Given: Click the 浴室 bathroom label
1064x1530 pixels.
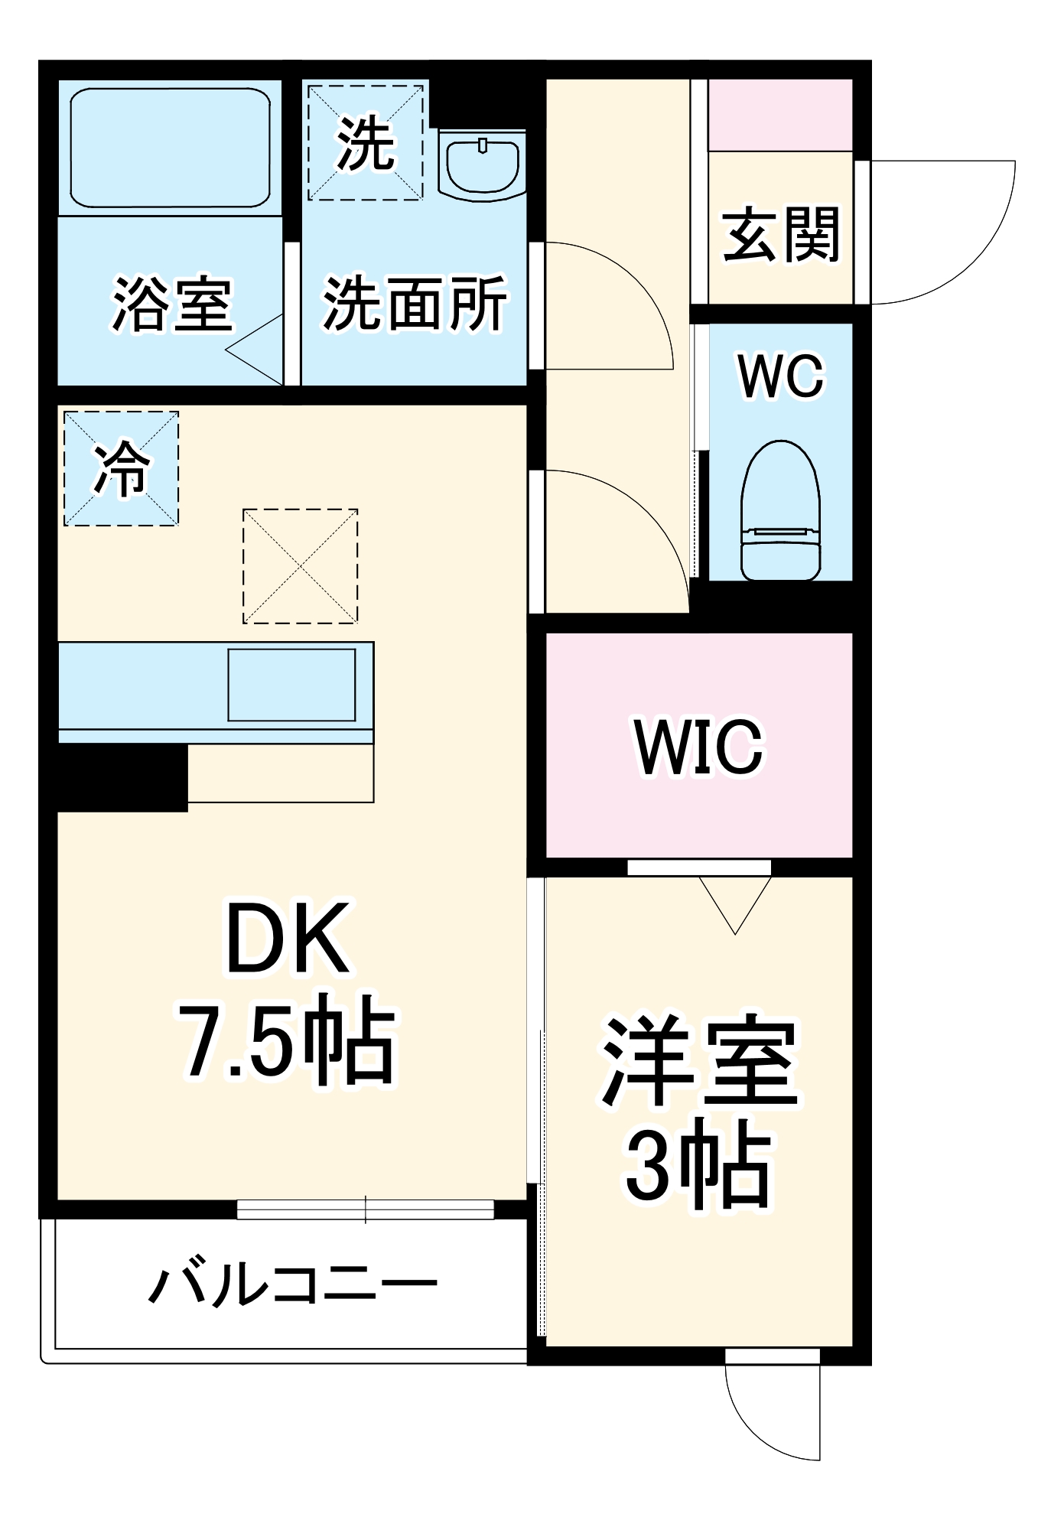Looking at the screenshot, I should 172,304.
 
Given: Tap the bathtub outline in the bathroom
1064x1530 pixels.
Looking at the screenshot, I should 170,147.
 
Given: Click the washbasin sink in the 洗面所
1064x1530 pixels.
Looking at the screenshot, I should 482,164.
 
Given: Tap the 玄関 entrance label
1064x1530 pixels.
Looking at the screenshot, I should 781,234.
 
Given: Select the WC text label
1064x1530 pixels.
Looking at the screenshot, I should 781,376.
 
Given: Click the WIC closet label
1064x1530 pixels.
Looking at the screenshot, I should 698,747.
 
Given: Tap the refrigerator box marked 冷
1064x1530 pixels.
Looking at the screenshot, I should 121,468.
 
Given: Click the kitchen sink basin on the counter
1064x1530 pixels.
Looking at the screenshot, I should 291,685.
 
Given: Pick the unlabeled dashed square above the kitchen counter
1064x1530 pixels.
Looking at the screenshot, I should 300,566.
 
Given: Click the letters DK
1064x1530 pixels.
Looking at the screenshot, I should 287,939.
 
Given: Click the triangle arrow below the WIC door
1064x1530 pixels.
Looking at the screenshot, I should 735,903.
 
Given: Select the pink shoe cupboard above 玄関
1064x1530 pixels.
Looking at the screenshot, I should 780,115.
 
